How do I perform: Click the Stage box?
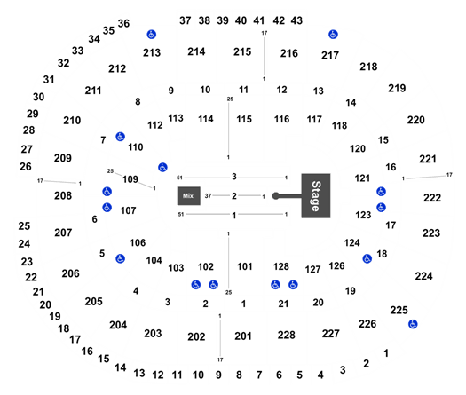click(316, 196)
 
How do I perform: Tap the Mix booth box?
click(189, 196)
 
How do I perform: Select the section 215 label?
click(242, 52)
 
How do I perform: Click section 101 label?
click(245, 266)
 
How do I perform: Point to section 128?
click(281, 266)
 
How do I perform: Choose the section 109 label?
click(130, 179)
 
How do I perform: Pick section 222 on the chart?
click(432, 198)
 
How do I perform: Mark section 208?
click(63, 195)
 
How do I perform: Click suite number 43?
click(296, 20)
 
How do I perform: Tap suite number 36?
click(123, 23)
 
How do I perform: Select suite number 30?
click(39, 97)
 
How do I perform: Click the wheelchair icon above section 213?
click(151, 35)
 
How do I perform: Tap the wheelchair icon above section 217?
click(333, 35)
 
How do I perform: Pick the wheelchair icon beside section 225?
click(413, 324)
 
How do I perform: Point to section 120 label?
click(358, 148)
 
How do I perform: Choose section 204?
click(118, 325)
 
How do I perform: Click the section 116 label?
click(281, 119)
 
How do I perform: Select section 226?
click(367, 324)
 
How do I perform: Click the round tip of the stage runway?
click(276, 196)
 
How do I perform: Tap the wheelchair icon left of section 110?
click(120, 137)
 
